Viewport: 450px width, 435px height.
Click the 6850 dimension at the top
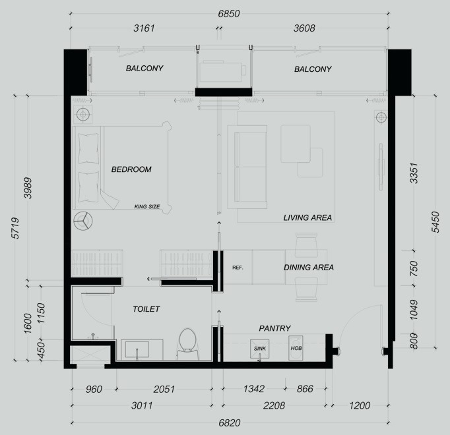coord(229,14)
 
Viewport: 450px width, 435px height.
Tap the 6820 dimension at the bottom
coord(230,422)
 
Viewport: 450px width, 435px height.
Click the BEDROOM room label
coord(131,169)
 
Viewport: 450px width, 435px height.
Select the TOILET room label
coord(146,309)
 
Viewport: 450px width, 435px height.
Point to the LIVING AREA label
coord(307,217)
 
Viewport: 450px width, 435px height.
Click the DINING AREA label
coord(309,268)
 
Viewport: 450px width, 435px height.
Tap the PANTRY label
coord(274,328)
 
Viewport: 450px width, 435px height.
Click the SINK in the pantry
coord(260,349)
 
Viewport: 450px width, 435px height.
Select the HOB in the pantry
coord(296,348)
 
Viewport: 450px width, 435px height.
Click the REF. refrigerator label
coord(238,268)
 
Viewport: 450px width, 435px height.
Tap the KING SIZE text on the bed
coord(147,206)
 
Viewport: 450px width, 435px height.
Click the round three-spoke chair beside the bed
coord(83,221)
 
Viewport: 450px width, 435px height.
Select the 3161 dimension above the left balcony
coord(144,28)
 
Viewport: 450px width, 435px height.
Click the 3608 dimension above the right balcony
coord(304,28)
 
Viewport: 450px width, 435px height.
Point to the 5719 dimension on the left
coord(15,228)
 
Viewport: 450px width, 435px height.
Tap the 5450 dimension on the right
coord(435,222)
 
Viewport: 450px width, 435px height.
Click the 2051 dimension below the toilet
coord(164,389)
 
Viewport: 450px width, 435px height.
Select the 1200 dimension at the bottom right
coord(360,405)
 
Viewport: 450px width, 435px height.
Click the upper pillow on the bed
coord(88,148)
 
